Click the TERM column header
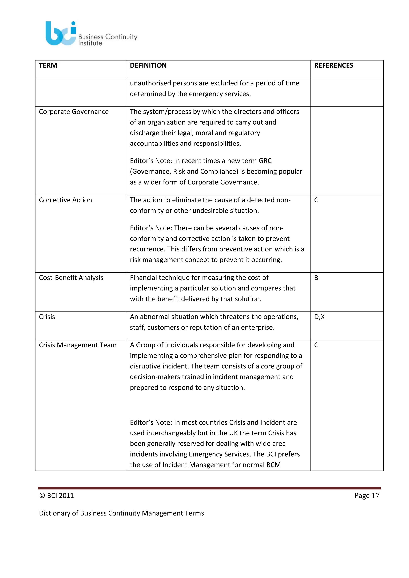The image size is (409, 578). tap(48, 65)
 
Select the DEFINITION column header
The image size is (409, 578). tap(148, 65)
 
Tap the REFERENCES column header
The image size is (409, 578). tap(334, 65)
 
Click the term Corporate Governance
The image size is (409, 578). tap(73, 112)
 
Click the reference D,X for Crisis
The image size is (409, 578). tap(319, 317)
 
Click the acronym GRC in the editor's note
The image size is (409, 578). tap(265, 161)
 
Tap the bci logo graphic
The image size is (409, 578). tap(61, 34)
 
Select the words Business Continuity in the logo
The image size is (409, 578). tap(108, 37)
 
